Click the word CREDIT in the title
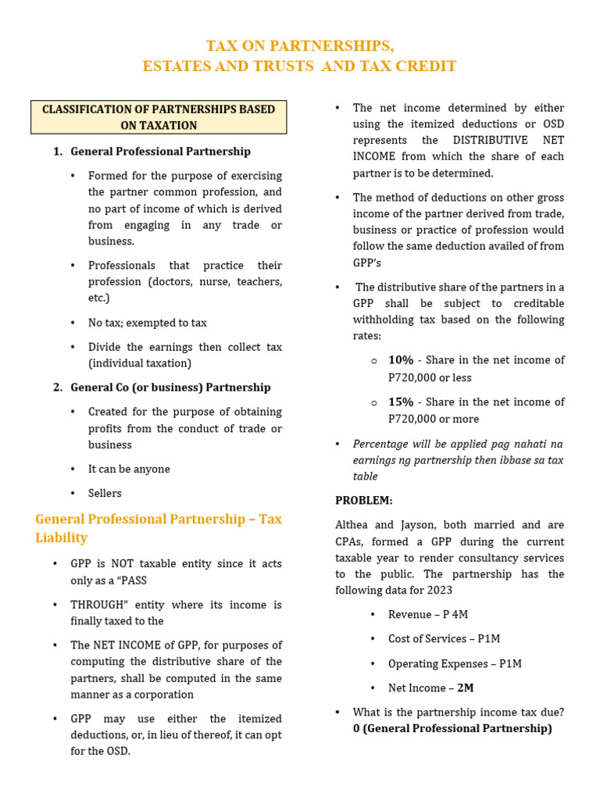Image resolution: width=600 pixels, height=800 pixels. point(427,66)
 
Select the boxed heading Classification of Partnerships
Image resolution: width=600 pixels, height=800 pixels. point(159,117)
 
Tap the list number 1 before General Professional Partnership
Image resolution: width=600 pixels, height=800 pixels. point(58,152)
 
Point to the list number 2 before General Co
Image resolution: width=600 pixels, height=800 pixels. point(58,387)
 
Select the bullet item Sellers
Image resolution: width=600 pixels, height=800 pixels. point(105,494)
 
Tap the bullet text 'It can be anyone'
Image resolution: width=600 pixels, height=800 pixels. point(129,470)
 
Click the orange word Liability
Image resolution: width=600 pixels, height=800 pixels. point(62,538)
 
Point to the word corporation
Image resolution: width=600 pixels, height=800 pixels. point(166,695)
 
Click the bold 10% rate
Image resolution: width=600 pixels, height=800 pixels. point(401,360)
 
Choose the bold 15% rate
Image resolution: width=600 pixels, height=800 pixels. point(401,402)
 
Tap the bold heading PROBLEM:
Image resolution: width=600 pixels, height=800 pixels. point(364,501)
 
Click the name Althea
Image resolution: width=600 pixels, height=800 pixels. point(353,525)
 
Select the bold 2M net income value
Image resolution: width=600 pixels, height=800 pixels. point(466,688)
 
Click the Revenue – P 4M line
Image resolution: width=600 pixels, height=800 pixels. point(428,615)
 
